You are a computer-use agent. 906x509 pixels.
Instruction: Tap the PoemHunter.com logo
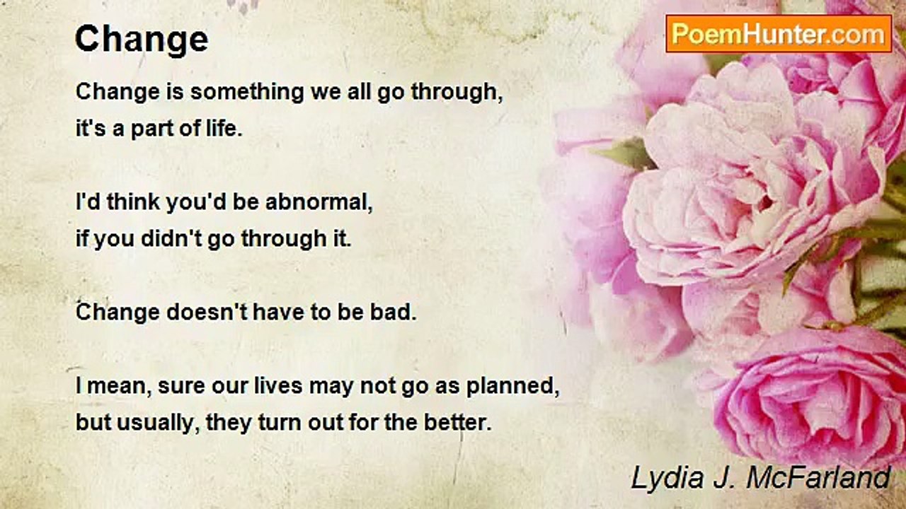click(779, 34)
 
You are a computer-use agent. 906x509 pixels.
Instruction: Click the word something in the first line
click(247, 93)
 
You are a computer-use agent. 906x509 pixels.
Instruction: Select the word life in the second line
click(224, 128)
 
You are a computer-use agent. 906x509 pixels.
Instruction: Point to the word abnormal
click(319, 201)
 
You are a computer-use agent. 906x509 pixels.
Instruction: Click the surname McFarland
click(818, 478)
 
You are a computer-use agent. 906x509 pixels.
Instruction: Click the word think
click(134, 201)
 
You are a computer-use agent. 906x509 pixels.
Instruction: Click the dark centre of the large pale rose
click(764, 202)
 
